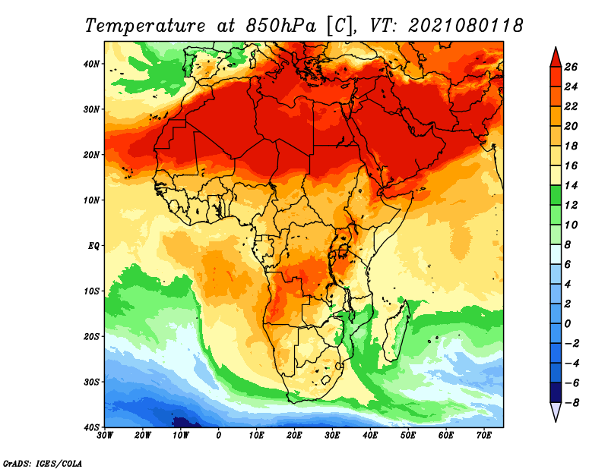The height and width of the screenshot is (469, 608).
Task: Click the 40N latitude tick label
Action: (91, 64)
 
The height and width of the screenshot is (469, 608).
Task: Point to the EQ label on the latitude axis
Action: (93, 246)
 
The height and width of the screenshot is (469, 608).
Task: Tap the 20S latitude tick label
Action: (91, 336)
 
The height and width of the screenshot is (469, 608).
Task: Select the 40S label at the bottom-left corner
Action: (91, 427)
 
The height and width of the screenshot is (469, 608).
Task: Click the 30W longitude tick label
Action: (105, 436)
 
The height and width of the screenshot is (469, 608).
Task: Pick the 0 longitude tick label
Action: (219, 436)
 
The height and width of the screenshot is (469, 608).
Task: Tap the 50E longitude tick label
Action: (408, 436)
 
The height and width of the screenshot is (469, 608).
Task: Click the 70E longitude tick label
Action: (484, 436)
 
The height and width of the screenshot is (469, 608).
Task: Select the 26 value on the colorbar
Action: (571, 67)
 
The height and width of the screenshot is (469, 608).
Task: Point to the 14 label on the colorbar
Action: (571, 185)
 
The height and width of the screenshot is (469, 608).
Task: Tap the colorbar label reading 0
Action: (568, 324)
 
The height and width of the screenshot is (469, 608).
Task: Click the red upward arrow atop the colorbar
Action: (556, 58)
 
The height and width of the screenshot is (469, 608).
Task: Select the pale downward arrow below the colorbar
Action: (556, 411)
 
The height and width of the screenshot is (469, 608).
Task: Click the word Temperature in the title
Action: (145, 26)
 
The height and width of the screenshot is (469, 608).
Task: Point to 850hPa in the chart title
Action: (281, 26)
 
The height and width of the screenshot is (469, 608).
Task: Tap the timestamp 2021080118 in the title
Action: (465, 26)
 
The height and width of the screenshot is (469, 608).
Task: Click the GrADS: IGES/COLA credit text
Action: (43, 463)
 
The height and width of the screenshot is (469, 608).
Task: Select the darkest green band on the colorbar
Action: (556, 195)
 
